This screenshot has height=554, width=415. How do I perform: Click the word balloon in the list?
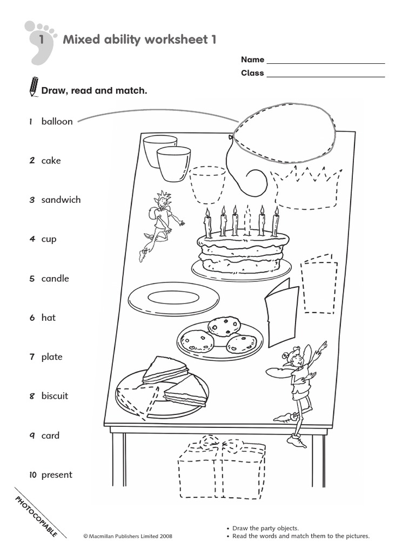[57, 121]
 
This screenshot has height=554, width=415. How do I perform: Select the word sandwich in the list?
[61, 200]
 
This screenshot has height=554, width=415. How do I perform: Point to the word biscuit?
[55, 396]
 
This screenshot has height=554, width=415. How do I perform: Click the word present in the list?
[57, 475]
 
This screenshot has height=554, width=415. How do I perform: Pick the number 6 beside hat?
[32, 318]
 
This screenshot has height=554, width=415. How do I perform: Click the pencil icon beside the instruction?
[34, 87]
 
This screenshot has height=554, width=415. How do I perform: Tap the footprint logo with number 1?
[39, 41]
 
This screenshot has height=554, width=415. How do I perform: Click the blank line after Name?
[325, 60]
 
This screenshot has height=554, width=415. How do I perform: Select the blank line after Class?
[325, 74]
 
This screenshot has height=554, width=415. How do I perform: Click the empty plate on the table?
[173, 298]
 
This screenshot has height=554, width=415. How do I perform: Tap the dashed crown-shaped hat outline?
[307, 187]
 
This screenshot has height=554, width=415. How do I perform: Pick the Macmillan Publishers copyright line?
[128, 536]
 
